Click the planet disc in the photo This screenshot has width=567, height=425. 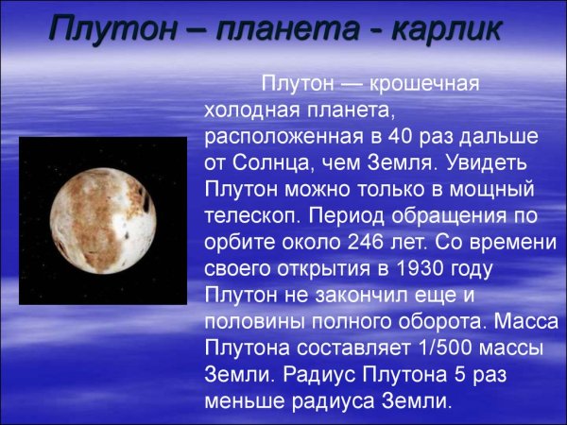tap(104, 220)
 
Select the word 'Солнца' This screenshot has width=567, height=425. tap(274, 162)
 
